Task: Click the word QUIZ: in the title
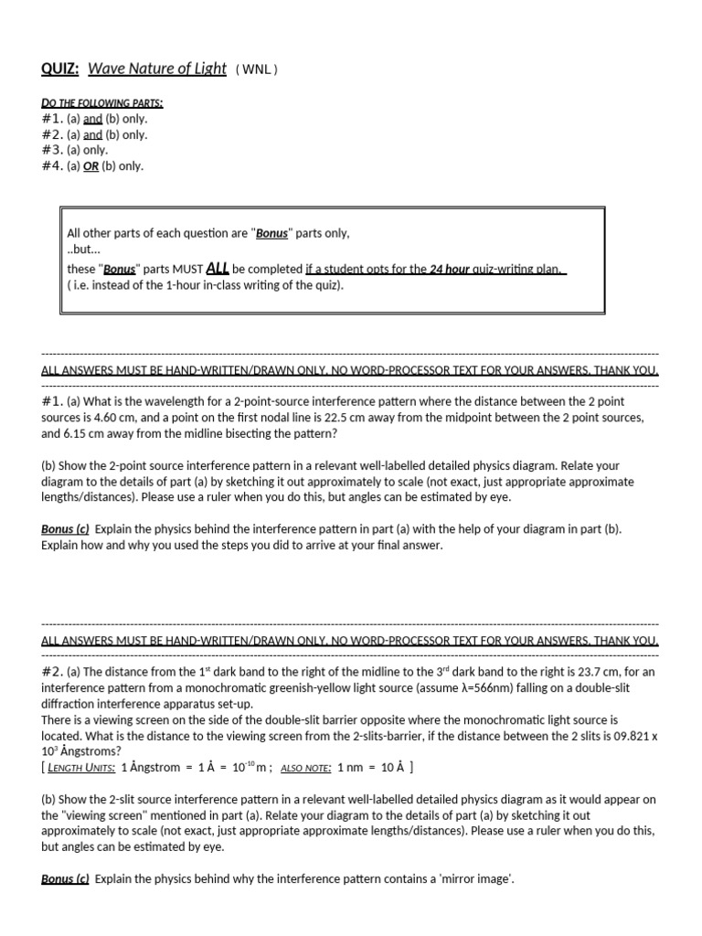(60, 69)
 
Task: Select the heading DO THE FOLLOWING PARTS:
(102, 103)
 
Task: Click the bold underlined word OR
(90, 166)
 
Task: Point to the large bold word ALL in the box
(218, 268)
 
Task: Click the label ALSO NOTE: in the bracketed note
(305, 767)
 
